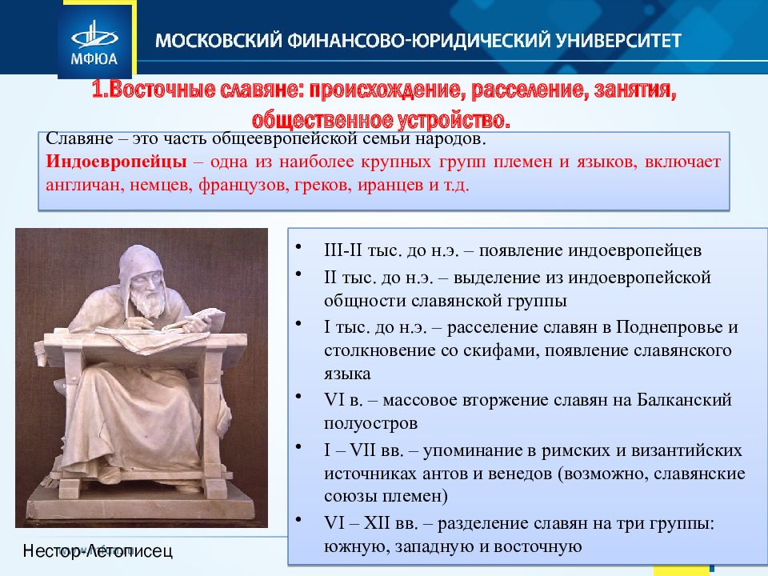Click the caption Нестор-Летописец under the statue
[x=97, y=550]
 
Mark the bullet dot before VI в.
[x=299, y=395]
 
